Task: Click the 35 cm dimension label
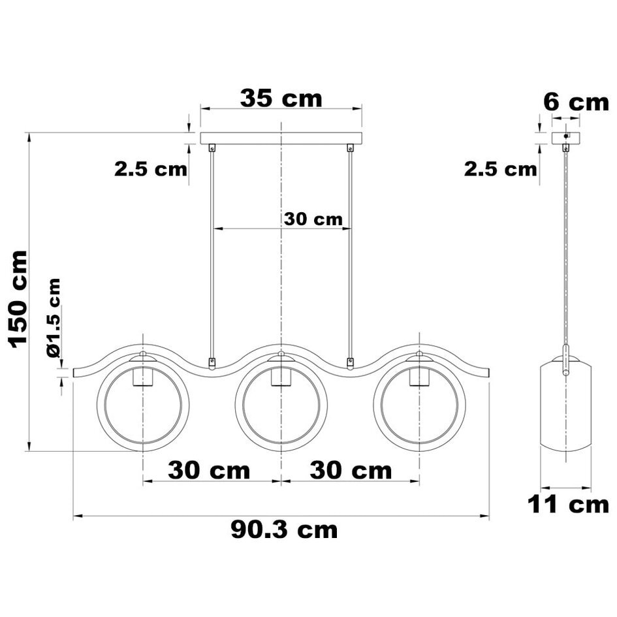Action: (281, 98)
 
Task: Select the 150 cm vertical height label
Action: (18, 299)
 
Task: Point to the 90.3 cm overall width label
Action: (284, 530)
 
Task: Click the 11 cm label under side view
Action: (568, 504)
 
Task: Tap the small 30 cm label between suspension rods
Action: (313, 219)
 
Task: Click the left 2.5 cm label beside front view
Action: (151, 169)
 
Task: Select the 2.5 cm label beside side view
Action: (501, 169)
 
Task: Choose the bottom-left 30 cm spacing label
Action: (209, 470)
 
